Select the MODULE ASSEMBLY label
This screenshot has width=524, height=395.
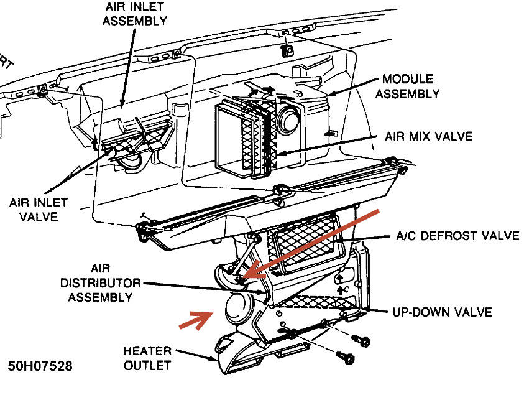(x=410, y=86)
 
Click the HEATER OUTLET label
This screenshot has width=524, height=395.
(x=147, y=358)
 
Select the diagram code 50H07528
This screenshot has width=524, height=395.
(x=40, y=366)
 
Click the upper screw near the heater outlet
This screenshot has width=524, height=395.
(x=360, y=340)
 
